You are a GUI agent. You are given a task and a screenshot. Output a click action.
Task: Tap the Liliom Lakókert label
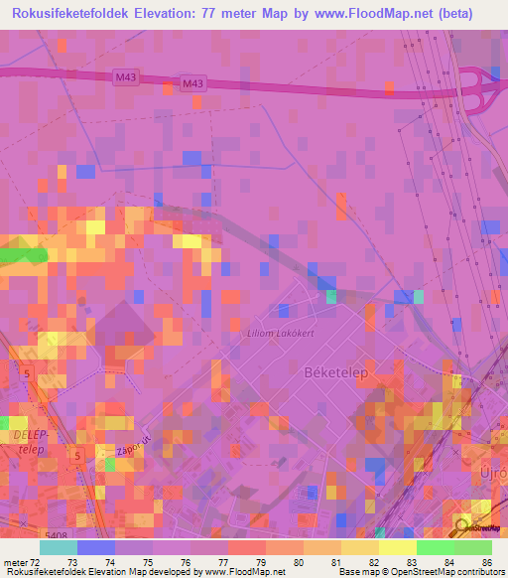coord(280,334)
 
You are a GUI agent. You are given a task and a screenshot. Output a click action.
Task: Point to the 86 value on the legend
coord(485,563)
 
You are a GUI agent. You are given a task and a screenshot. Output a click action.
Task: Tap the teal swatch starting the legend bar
coord(58,547)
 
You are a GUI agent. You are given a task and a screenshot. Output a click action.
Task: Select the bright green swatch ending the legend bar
coord(473,547)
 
